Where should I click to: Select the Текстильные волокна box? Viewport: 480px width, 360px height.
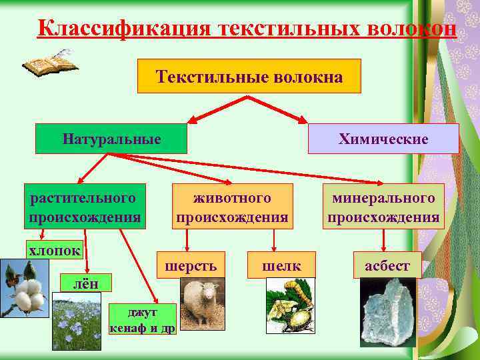[249, 76]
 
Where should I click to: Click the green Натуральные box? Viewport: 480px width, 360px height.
[111, 139]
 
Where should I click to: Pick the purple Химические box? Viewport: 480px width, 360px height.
[383, 139]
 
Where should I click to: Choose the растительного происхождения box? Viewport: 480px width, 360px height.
[84, 207]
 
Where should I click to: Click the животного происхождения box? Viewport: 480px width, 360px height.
[232, 207]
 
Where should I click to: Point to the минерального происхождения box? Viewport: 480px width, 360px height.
[383, 207]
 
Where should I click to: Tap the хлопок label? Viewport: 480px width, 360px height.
[54, 250]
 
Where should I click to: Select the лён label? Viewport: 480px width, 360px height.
[85, 283]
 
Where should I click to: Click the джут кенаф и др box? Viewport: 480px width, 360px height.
[141, 319]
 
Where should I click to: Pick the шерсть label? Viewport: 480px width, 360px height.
[191, 265]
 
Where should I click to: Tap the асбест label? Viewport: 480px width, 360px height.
[387, 265]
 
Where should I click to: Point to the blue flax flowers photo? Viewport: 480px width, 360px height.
[77, 321]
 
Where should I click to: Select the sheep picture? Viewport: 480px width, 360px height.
[201, 304]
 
